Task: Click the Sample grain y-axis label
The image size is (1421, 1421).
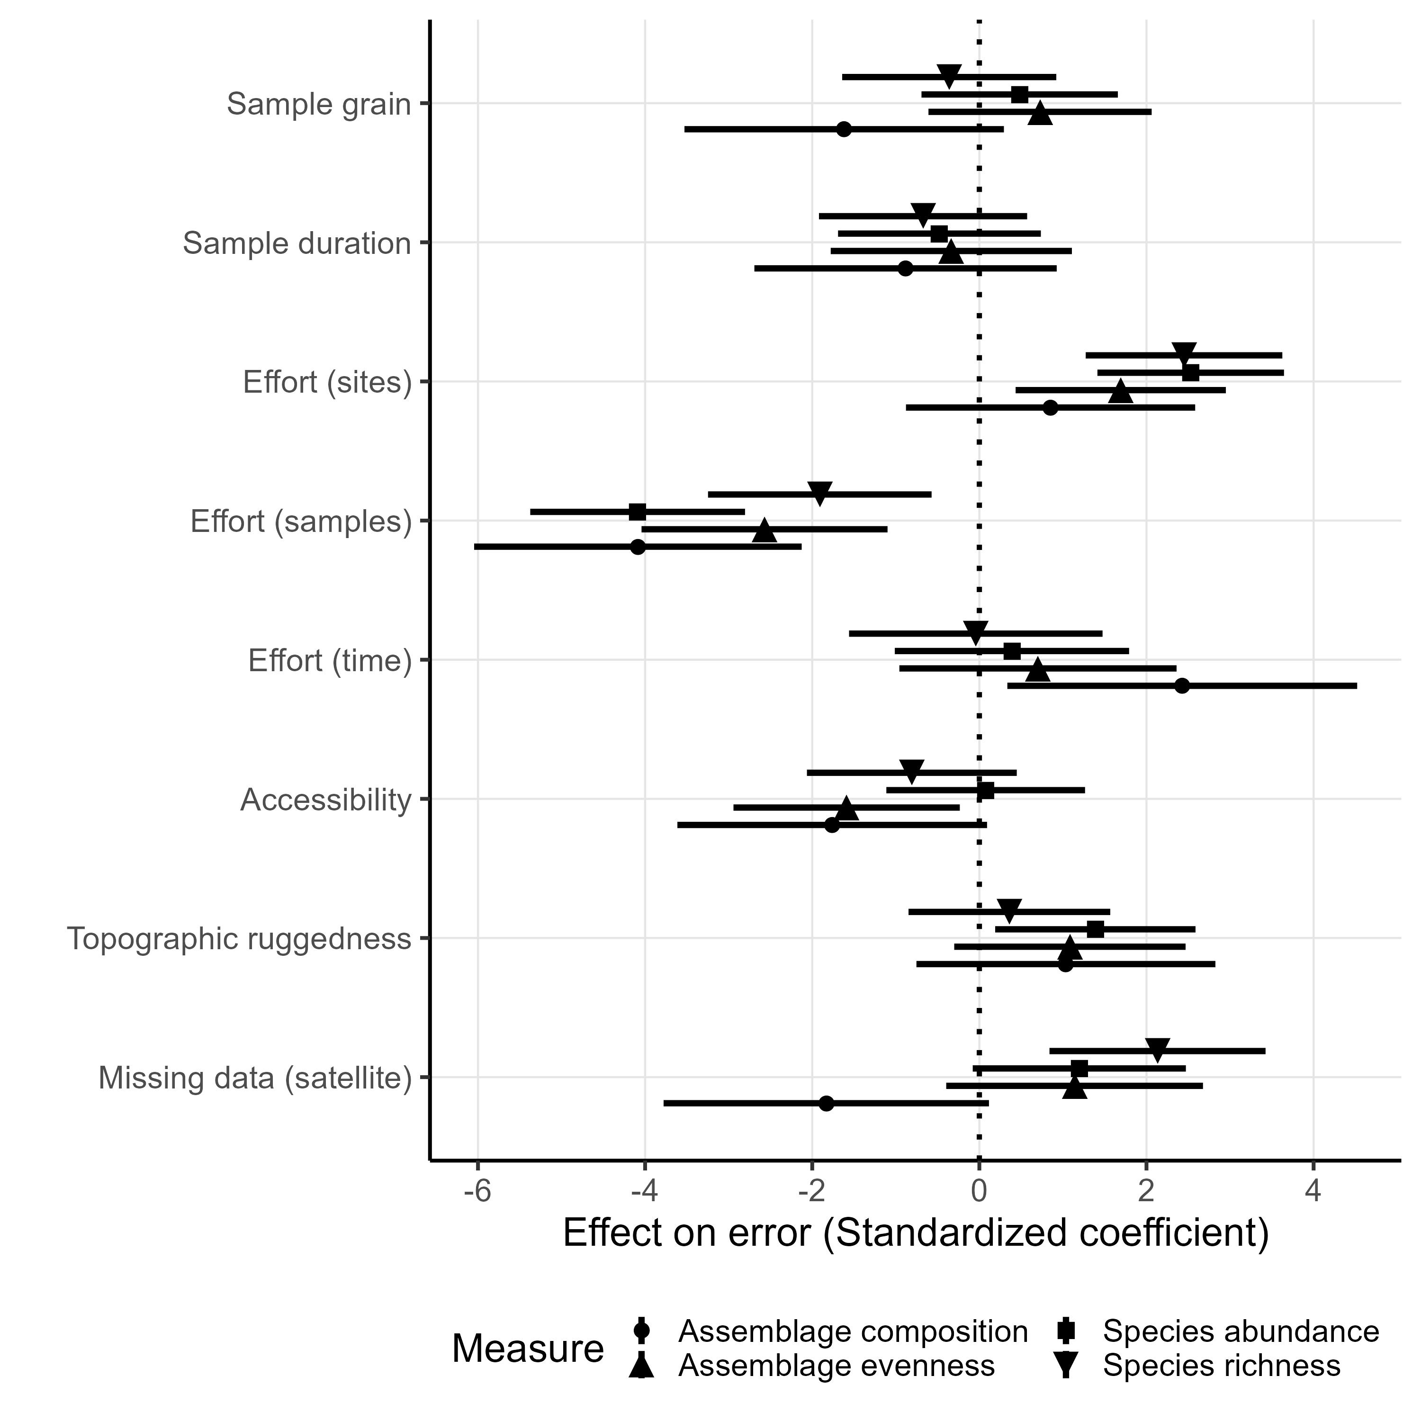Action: coord(318,104)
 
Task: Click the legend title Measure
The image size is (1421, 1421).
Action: coord(527,1349)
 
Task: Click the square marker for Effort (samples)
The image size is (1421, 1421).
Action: coord(638,512)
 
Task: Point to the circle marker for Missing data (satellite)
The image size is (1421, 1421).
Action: coord(826,1103)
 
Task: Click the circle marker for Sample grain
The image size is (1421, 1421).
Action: coord(844,129)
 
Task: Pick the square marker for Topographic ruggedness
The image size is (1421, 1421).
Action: coord(1095,929)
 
